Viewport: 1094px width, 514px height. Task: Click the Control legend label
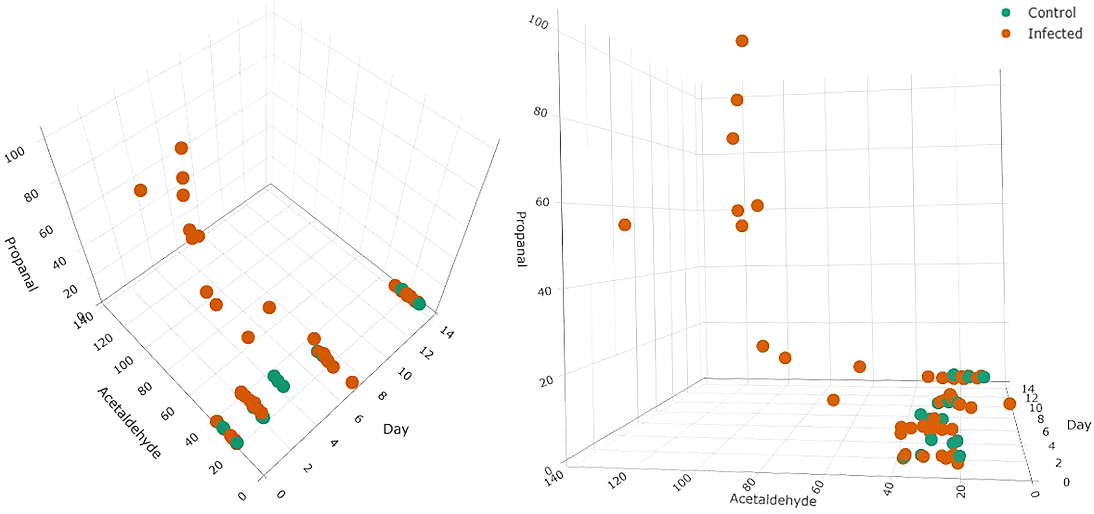pos(1052,13)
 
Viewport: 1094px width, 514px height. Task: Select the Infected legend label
pos(1055,34)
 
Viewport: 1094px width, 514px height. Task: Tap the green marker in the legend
pos(1006,12)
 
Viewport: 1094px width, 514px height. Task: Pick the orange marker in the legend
pos(1006,33)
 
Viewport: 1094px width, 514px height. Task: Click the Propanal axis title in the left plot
pos(20,264)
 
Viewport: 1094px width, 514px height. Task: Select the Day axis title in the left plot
pos(396,429)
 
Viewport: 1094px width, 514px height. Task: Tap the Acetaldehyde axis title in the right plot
pos(773,500)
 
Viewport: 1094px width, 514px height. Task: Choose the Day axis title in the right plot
pos(1078,425)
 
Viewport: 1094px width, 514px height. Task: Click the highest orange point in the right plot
pos(742,41)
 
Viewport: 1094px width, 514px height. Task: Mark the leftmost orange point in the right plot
pos(625,225)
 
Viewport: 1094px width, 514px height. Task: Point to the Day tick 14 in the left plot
pos(447,332)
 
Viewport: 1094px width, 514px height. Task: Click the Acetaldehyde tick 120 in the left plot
pos(103,342)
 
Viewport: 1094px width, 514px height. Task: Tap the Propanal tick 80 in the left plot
pos(31,195)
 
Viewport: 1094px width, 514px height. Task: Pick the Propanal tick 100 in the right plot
pos(538,22)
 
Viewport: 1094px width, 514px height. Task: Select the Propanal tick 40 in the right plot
pos(545,291)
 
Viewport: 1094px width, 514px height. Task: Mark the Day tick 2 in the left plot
pos(308,468)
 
